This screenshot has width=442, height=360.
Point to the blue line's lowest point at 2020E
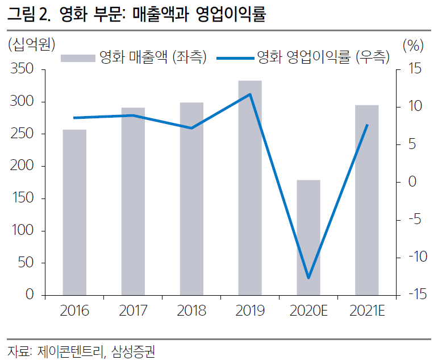pos(308,278)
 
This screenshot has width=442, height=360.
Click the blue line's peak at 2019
pos(250,94)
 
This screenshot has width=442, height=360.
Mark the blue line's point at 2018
pos(191,128)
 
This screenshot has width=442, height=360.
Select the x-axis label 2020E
pos(308,311)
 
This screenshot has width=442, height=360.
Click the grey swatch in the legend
pos(77,57)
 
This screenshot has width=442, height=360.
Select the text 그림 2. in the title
pos(27,14)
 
